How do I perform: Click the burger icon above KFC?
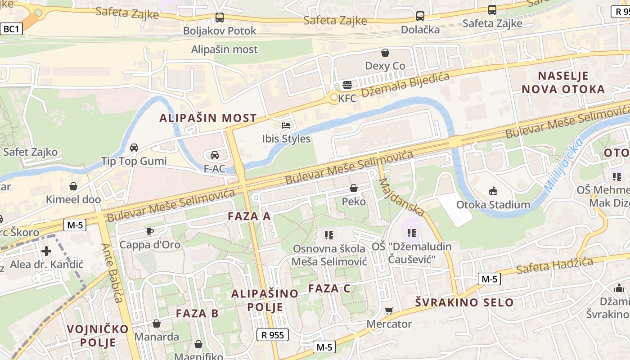tap(347, 85)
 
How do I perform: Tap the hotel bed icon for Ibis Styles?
tap(286, 126)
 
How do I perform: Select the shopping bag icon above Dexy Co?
tap(385, 53)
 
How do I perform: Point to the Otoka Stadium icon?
tap(493, 191)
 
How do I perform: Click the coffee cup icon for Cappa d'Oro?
tap(149, 231)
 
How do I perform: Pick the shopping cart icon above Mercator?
tap(389, 310)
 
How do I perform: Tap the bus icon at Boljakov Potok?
tap(220, 18)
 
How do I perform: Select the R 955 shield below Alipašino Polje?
tap(273, 335)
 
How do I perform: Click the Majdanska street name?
tap(402, 197)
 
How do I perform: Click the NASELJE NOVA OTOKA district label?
tap(563, 82)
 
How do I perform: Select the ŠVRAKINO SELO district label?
tap(464, 302)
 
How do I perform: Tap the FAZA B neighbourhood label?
tap(197, 313)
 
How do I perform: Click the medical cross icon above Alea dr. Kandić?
tap(46, 251)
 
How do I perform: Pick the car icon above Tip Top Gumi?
tap(134, 148)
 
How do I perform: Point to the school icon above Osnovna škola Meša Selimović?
tap(329, 235)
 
